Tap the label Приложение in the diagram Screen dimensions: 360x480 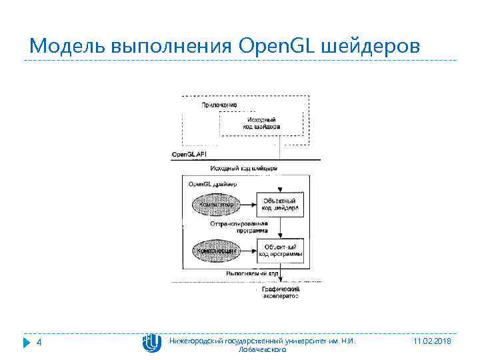point(219,105)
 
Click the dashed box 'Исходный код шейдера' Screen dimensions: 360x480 point(261,123)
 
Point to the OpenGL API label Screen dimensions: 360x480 point(189,154)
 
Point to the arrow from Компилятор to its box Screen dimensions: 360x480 point(247,203)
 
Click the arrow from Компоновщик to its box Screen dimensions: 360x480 point(247,251)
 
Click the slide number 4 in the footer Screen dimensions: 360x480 point(39,343)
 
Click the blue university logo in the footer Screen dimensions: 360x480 point(151,343)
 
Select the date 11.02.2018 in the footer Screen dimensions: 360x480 point(432,341)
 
